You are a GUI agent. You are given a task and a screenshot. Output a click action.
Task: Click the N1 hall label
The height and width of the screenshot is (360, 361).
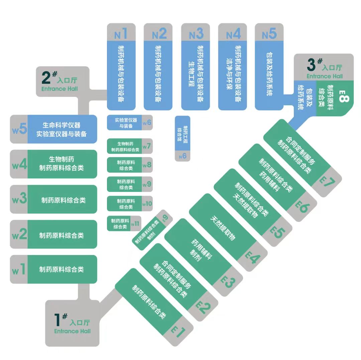pos(121,33)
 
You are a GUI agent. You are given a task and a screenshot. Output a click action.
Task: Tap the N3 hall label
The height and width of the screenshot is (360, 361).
pos(196,33)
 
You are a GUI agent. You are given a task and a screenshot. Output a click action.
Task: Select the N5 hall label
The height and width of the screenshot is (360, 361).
pos(269,33)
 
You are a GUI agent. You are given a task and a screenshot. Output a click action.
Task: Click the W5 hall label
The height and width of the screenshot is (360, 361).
pos(19,129)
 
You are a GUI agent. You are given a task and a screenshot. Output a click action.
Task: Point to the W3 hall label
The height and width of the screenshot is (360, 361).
pos(19,200)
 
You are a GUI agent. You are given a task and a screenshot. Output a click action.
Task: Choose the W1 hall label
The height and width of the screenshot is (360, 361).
pos(19,269)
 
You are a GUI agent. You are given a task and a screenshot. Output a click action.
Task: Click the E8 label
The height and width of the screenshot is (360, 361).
pos(344,95)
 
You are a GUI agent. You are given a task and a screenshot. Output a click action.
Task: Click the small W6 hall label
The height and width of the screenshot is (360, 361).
pos(147,123)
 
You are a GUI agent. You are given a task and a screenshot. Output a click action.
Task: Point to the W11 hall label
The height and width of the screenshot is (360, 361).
pos(135,224)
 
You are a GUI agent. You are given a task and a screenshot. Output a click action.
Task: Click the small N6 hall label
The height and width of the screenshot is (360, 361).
pos(183,156)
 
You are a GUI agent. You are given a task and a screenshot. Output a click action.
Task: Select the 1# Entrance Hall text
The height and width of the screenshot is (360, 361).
pos(72,324)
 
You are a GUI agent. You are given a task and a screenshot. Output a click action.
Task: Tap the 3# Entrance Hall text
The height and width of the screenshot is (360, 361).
pos(325,69)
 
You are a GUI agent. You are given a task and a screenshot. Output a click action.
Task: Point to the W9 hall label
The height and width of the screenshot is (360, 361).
pos(147,184)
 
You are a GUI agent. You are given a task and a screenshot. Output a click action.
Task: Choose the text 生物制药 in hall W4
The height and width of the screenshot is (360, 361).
pos(61,159)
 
